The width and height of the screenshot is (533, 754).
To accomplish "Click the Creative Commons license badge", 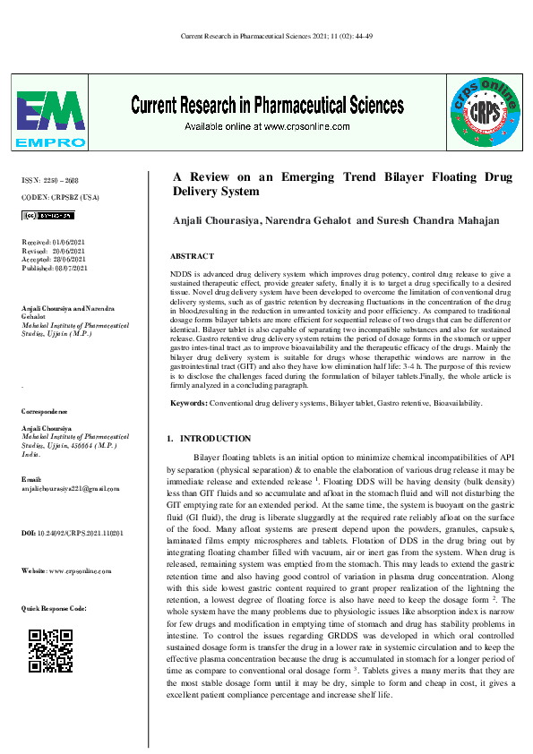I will point(47,216).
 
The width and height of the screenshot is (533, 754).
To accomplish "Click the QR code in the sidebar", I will point(51,650).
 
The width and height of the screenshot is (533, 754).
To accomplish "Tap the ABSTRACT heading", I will point(191,256).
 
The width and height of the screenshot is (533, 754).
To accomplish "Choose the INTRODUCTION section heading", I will point(215,439).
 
